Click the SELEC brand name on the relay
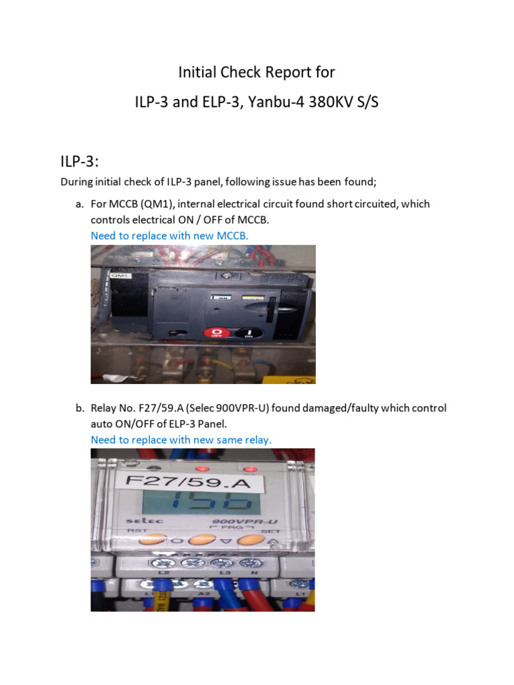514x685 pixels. coord(128,522)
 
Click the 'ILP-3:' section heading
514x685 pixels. coord(80,159)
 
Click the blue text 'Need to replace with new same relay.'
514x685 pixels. coord(181,439)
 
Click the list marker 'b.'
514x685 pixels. coord(80,407)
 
